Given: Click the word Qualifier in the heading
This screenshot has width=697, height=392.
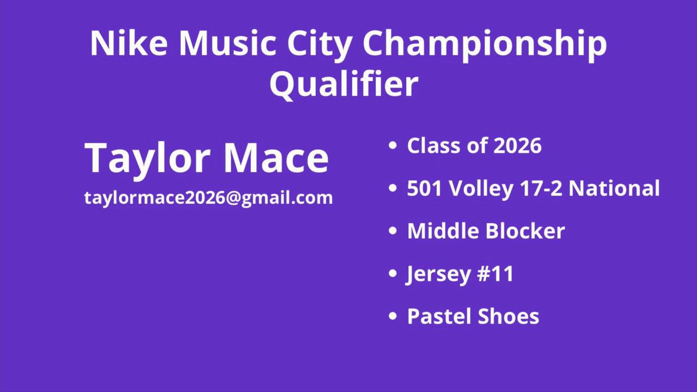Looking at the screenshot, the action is [344, 84].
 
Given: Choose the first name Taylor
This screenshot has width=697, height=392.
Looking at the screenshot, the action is [146, 160].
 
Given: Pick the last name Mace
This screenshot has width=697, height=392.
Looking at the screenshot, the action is [276, 157].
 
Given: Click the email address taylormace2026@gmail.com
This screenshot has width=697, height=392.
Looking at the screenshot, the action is [209, 198].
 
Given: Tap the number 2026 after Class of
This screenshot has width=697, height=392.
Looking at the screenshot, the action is [517, 145].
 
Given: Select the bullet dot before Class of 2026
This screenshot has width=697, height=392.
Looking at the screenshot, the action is [393, 145].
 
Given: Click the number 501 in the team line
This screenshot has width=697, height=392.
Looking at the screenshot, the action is [425, 188].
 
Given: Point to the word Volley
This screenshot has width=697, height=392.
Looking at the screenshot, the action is [481, 189].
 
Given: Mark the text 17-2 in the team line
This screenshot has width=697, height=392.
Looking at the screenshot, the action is [541, 188].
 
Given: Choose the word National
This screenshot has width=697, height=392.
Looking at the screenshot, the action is [614, 188].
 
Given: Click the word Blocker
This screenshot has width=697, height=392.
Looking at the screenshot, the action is [525, 230].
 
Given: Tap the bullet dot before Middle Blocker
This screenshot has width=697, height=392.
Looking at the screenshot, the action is [393, 231].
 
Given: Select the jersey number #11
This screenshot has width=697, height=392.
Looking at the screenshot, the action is [495, 274].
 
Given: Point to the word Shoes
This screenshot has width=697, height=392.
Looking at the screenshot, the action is [508, 316].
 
